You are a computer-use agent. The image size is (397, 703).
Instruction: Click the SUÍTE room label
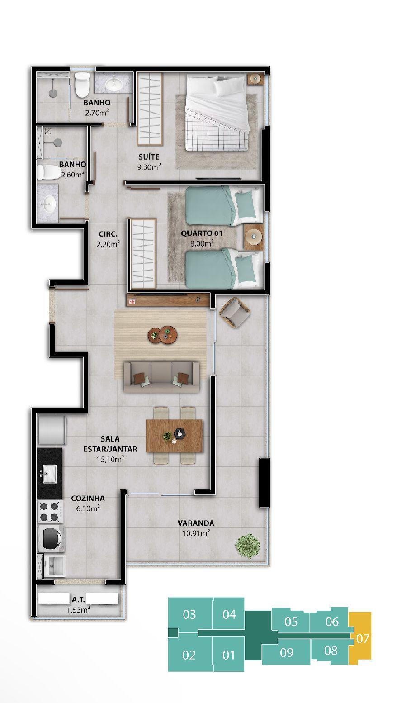(x=149, y=157)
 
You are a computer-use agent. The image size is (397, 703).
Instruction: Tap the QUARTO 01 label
(x=201, y=233)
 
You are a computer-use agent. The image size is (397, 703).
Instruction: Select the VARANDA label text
(x=196, y=523)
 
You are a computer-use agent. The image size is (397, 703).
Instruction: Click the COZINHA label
(x=88, y=498)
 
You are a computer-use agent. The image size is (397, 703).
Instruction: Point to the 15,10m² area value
(x=110, y=460)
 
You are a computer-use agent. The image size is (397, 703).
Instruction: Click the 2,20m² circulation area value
(x=108, y=244)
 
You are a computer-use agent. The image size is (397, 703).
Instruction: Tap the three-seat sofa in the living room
(x=161, y=376)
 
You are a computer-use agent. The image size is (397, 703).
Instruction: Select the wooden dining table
(x=175, y=436)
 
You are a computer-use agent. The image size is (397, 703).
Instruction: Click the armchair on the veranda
(x=235, y=312)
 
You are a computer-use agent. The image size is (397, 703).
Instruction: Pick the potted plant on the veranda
(x=248, y=546)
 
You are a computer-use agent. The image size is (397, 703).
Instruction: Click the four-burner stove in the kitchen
(x=51, y=511)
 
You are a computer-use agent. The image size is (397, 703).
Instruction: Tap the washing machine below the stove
(x=52, y=538)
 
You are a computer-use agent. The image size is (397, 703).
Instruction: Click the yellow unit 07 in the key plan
(x=360, y=637)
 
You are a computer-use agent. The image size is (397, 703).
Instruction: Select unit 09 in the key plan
(x=286, y=652)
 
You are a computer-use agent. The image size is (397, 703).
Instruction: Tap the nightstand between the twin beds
(x=253, y=237)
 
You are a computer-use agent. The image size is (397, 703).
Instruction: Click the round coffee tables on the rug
(x=163, y=335)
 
